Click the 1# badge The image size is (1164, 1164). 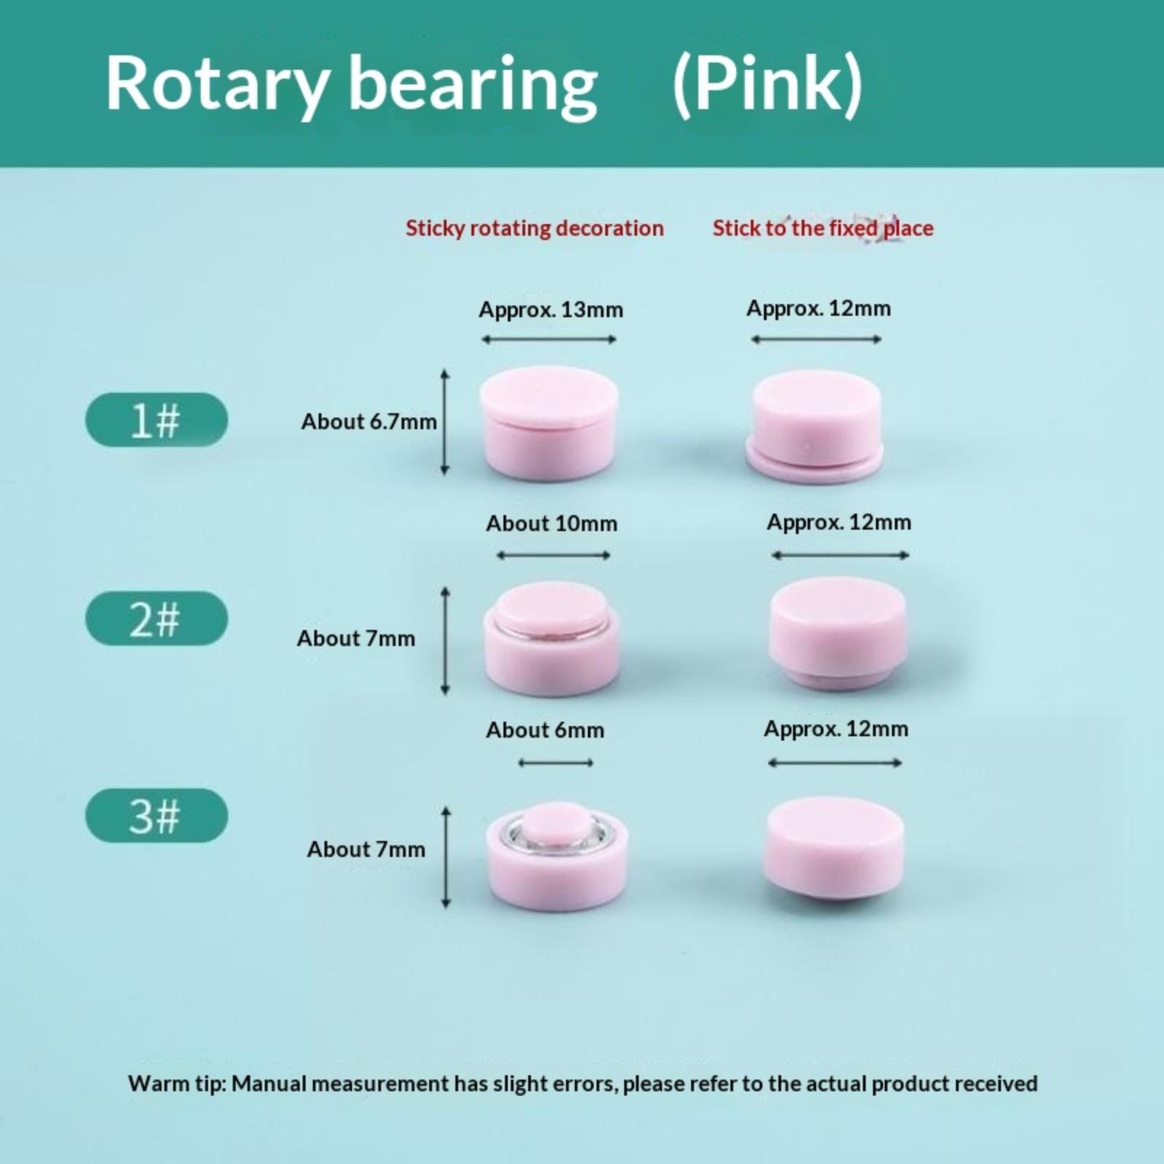156,420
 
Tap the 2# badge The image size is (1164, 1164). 156,618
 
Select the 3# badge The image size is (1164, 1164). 156,816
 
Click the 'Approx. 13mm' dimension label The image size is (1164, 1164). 551,311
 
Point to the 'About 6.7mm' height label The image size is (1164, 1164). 369,422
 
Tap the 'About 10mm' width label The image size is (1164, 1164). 551,524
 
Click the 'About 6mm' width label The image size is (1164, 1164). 545,730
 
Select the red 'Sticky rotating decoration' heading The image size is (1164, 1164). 535,228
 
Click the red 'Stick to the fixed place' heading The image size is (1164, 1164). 823,228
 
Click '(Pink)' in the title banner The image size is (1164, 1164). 768,86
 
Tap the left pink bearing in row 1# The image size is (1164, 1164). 549,423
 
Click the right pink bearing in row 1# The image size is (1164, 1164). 815,426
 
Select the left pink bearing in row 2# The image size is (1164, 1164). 552,638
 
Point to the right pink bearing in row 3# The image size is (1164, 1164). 834,849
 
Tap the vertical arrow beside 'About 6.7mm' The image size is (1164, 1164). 445,423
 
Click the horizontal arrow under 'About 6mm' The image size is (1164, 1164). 556,763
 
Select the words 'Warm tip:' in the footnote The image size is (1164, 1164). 177,1084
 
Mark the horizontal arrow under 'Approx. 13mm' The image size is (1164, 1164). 549,339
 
